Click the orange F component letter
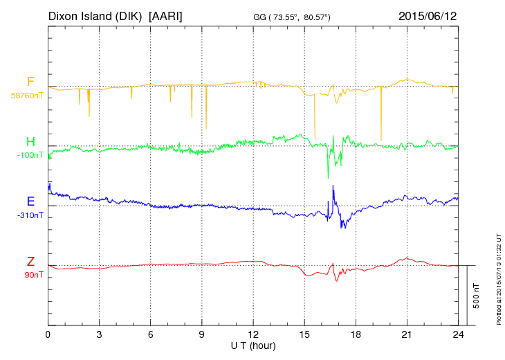pos(30,82)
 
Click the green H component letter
pos(30,142)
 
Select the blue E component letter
pos(30,201)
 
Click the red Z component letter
pos(30,261)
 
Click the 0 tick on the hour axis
pos(48,334)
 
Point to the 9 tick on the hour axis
pos(201,334)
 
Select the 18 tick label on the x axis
pos(355,334)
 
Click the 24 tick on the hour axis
pos(457,334)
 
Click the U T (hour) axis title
pos(253,345)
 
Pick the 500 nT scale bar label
pos(476,296)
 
